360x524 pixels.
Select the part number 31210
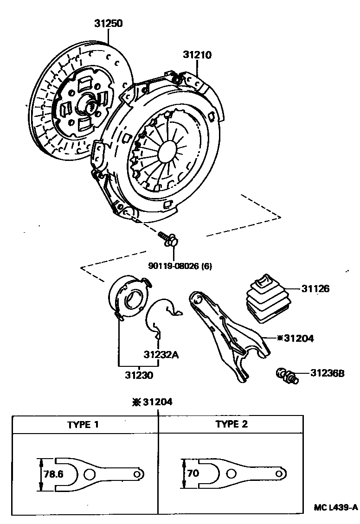point(197,55)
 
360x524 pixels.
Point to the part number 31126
point(315,289)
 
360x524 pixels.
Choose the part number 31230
point(138,374)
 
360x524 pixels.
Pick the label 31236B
point(328,373)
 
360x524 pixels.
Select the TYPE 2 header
point(231,424)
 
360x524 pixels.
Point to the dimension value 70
point(193,474)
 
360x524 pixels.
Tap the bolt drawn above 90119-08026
point(169,238)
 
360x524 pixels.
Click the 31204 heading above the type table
point(153,403)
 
